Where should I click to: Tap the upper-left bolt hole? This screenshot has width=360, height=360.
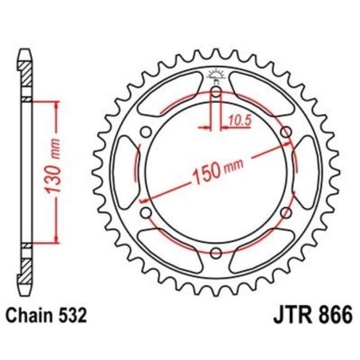[146, 131]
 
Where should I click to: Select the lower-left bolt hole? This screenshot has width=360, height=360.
[146, 213]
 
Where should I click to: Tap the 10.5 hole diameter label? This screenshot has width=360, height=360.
[237, 119]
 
